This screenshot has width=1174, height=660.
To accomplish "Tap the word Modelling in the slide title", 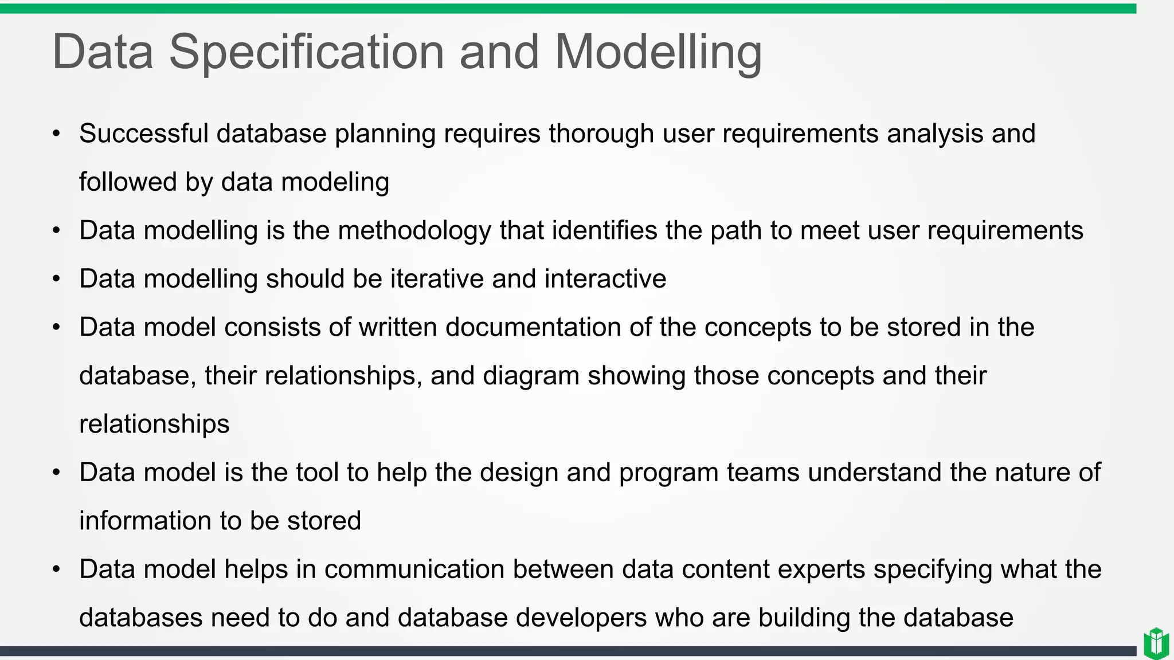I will [658, 52].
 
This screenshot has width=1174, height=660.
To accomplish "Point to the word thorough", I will [601, 133].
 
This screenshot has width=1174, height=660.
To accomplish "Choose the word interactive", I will [605, 279].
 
